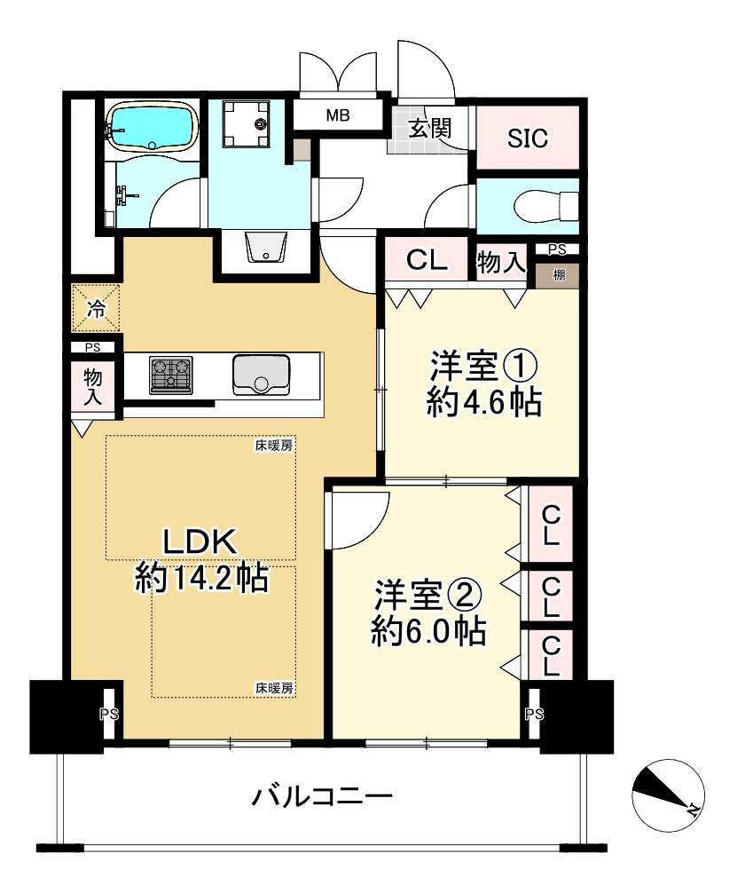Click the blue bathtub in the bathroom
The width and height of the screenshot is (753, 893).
(151, 126)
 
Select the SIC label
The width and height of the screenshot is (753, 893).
(528, 138)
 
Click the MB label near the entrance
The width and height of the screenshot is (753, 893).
(338, 115)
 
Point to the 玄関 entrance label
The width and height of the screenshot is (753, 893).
(430, 128)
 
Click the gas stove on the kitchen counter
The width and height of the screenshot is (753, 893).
(171, 375)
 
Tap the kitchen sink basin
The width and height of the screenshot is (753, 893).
(261, 375)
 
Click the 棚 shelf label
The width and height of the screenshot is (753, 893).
(559, 275)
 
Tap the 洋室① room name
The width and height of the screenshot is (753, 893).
(484, 367)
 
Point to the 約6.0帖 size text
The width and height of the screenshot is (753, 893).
(427, 631)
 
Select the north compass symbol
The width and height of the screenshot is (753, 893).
(667, 793)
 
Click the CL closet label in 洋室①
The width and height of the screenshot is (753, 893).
(426, 262)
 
